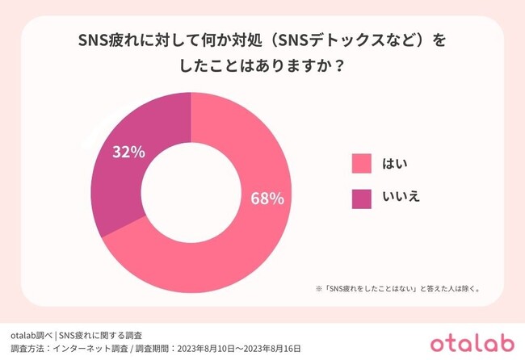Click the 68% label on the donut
tap(267, 199)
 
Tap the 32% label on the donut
tap(129, 152)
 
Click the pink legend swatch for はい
tap(361, 163)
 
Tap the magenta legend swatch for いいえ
tap(361, 196)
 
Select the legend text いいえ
tap(401, 196)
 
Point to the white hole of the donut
tap(191, 193)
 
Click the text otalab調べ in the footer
tap(31, 334)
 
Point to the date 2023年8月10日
tap(201, 348)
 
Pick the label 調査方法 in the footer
tap(26, 348)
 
